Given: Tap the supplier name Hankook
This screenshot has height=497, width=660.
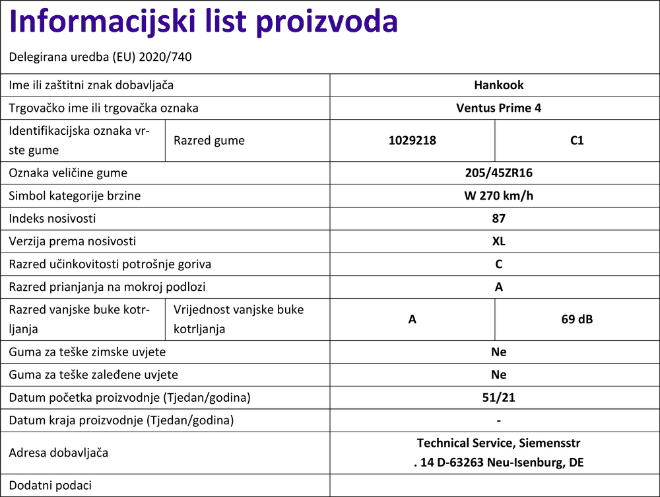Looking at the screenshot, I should click(x=498, y=85).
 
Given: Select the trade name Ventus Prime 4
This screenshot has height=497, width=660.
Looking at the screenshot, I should click(x=498, y=108).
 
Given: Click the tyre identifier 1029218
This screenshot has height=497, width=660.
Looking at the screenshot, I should click(x=412, y=140).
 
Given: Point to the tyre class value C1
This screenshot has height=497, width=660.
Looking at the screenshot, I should click(x=577, y=140).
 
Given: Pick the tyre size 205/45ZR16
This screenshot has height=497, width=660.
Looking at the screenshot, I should click(x=498, y=173).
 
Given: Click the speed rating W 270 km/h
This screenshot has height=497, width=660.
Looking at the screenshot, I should click(x=498, y=196).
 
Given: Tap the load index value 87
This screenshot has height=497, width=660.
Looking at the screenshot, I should click(x=498, y=218).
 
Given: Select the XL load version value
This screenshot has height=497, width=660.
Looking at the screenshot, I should click(x=498, y=241).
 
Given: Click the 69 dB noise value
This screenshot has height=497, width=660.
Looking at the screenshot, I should click(x=577, y=319).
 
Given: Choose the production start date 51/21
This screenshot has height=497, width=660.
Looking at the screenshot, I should click(x=498, y=398).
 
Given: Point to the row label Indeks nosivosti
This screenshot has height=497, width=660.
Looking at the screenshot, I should click(x=52, y=219).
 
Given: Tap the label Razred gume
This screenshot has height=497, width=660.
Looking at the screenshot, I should click(x=209, y=140).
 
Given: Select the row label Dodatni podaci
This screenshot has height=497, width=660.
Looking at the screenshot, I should click(x=50, y=485).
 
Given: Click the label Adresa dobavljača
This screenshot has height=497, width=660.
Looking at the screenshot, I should click(x=58, y=453).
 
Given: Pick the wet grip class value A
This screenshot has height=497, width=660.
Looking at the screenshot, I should click(x=498, y=287).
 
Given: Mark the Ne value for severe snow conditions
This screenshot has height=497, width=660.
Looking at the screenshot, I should click(x=498, y=352).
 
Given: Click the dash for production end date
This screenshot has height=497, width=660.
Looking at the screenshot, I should click(x=498, y=421).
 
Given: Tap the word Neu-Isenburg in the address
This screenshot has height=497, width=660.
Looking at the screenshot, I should click(x=525, y=463).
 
